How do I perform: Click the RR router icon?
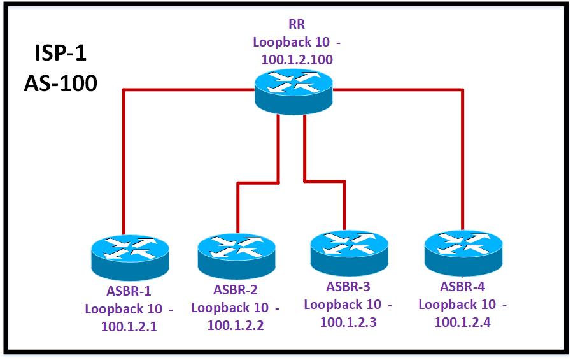(294, 90)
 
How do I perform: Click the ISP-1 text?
(60, 54)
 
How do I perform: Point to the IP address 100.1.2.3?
(349, 322)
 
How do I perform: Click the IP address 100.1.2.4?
(463, 322)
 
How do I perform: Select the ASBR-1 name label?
(129, 292)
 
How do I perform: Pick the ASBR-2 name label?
(236, 291)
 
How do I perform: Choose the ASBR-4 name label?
(463, 286)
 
